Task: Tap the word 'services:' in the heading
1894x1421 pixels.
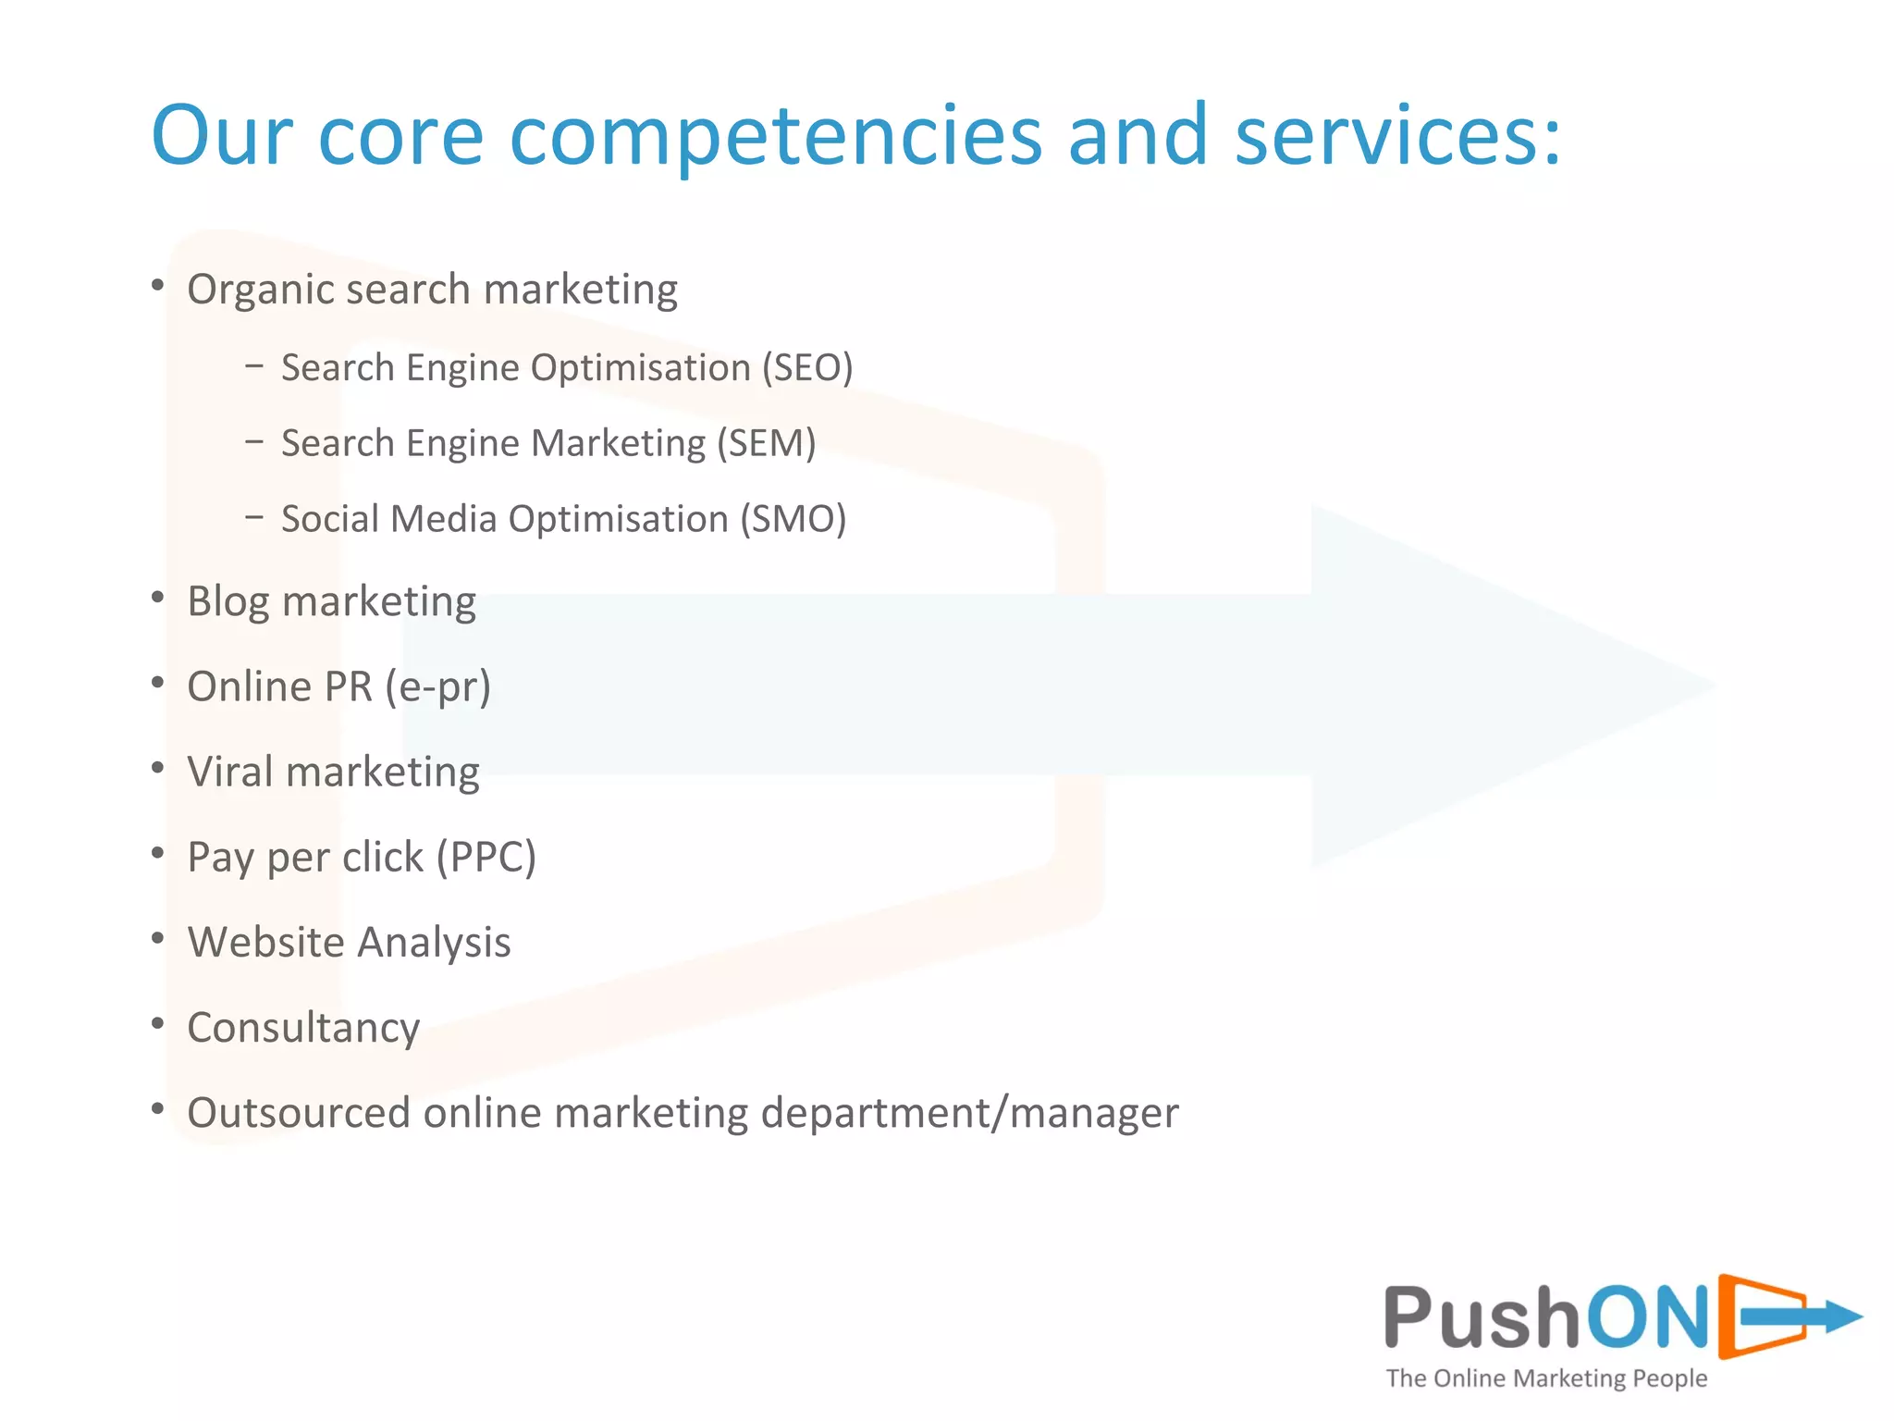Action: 1397,137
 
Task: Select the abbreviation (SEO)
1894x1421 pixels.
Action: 806,368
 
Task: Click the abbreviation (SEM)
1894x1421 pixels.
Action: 766,444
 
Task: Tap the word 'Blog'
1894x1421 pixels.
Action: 228,602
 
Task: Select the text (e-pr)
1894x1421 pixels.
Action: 438,687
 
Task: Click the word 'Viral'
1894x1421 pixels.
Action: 229,772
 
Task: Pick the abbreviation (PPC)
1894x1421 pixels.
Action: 486,858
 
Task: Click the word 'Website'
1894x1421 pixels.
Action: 266,943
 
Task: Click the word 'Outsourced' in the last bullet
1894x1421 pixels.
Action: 298,1113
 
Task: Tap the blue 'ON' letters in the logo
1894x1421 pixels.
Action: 1647,1317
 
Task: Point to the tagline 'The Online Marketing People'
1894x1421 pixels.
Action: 1546,1378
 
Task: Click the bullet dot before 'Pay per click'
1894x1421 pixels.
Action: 158,853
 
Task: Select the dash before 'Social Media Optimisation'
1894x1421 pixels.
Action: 254,517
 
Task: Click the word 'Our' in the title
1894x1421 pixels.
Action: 222,137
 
